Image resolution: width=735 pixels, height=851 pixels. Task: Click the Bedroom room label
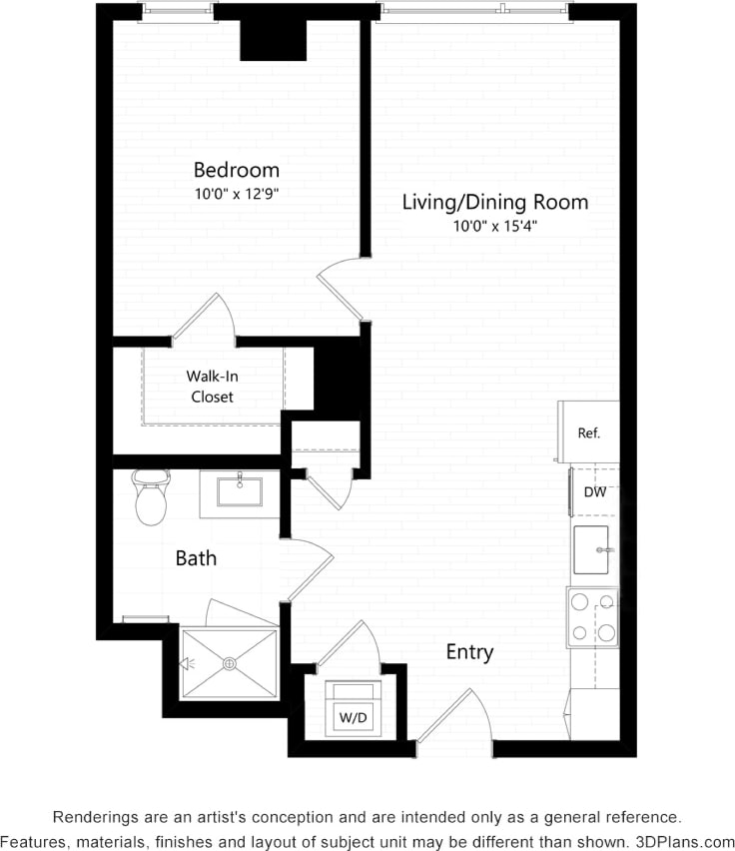pos(236,169)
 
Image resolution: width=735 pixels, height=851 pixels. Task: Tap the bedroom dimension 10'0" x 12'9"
pos(236,194)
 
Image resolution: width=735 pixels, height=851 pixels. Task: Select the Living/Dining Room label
pos(494,202)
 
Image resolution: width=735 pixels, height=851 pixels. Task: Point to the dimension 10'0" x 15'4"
pos(495,227)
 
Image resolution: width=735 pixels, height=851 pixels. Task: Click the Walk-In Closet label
pos(212,387)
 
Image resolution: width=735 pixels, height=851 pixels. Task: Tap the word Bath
pos(196,558)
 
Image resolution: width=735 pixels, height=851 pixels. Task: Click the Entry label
pos(469,652)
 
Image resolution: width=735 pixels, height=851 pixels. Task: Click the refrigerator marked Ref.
pos(588,433)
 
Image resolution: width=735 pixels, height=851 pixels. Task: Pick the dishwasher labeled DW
pos(594,491)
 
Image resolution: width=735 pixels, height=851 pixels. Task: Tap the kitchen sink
pos(594,550)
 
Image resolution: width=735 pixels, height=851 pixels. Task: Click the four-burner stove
pos(593,616)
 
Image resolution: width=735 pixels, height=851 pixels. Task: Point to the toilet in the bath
pos(151,497)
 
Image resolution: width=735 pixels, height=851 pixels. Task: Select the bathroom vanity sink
pos(240,491)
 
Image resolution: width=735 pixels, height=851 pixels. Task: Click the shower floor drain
pos(229,662)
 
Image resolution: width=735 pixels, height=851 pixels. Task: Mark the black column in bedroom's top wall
pos(272,40)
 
